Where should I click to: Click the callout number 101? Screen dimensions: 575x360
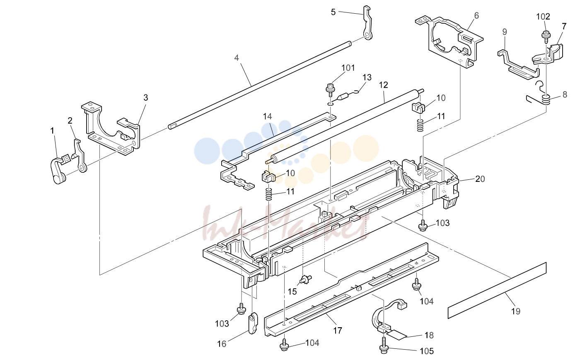(348, 68)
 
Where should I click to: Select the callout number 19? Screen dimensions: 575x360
(516, 311)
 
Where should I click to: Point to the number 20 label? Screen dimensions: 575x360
(480, 179)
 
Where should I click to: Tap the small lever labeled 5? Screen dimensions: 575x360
(367, 23)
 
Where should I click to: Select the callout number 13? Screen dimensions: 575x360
(367, 77)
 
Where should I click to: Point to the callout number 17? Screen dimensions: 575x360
(338, 331)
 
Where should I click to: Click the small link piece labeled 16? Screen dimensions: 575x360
(253, 323)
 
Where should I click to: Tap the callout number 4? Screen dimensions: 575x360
(237, 58)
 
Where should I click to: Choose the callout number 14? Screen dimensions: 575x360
(267, 116)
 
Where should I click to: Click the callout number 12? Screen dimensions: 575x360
(383, 85)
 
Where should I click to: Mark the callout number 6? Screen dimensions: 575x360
(476, 16)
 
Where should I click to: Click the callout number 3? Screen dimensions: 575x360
(145, 98)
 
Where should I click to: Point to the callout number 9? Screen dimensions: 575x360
(505, 32)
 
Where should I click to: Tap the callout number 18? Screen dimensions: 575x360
(429, 335)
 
